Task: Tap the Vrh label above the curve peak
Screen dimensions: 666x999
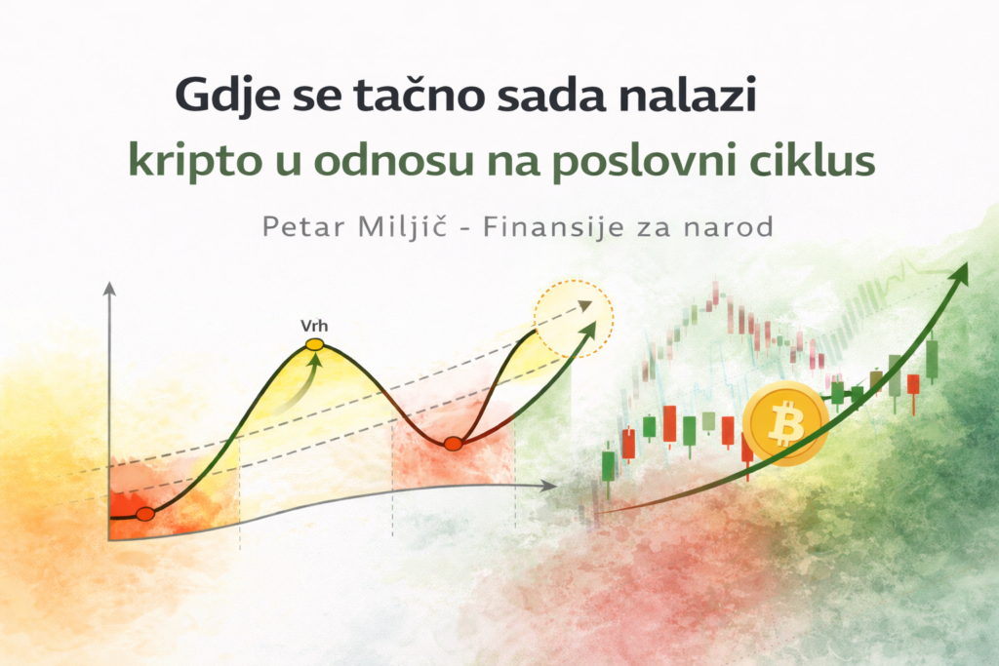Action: pyautogui.click(x=314, y=326)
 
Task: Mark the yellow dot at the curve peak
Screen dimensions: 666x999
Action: pyautogui.click(x=314, y=344)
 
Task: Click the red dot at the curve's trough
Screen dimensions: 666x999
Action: pyautogui.click(x=453, y=444)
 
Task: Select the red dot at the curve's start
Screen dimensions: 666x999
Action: pyautogui.click(x=144, y=514)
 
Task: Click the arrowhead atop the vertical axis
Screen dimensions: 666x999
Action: pyautogui.click(x=109, y=289)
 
